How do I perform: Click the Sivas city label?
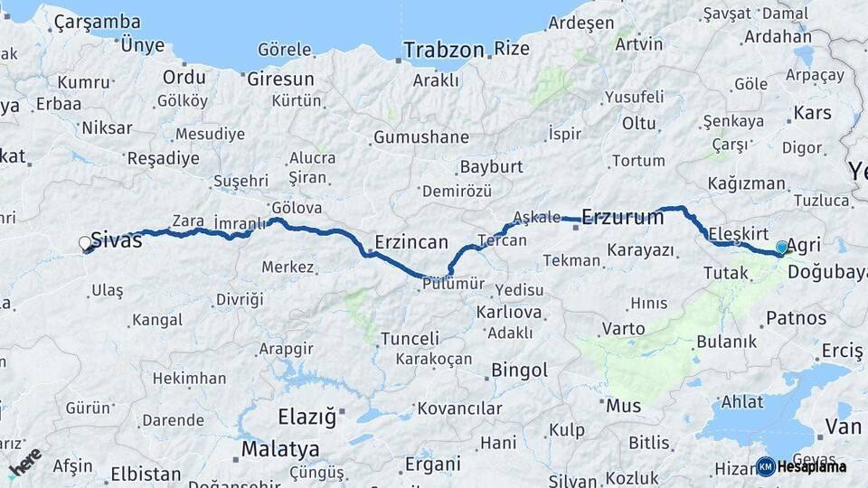pyautogui.click(x=117, y=241)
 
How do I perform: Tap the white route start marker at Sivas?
pyautogui.click(x=85, y=243)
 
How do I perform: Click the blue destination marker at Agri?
pyautogui.click(x=782, y=247)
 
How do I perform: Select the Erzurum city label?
pyautogui.click(x=623, y=217)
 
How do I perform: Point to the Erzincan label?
pyautogui.click(x=411, y=242)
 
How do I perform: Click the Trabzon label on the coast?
pyautogui.click(x=444, y=50)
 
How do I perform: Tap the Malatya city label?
pyautogui.click(x=279, y=449)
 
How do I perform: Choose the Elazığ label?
pyautogui.click(x=307, y=418)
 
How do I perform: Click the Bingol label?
pyautogui.click(x=520, y=371)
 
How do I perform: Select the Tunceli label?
pyautogui.click(x=410, y=339)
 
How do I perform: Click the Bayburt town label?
pyautogui.click(x=491, y=167)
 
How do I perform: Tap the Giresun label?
pyautogui.click(x=280, y=79)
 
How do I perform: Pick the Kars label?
pyautogui.click(x=812, y=114)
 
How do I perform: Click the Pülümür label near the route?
pyautogui.click(x=453, y=284)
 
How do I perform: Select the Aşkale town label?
pyautogui.click(x=537, y=218)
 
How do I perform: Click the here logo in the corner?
pyautogui.click(x=24, y=462)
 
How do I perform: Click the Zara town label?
pyautogui.click(x=187, y=221)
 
